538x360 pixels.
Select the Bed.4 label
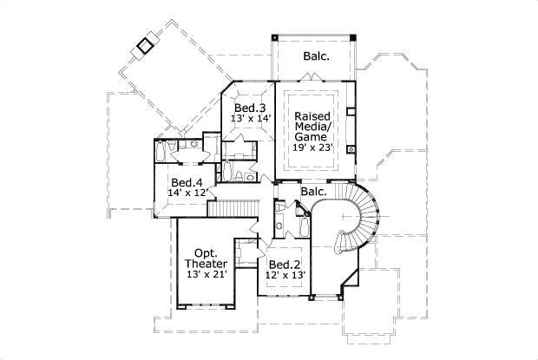[x=187, y=182]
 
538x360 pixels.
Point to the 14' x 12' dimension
[x=188, y=193]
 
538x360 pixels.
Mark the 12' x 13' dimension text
[x=285, y=276]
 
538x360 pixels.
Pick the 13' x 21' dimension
[x=207, y=275]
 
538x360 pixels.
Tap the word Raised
[x=312, y=116]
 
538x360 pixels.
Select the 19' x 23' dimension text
[x=312, y=148]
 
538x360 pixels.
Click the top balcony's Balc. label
[x=316, y=56]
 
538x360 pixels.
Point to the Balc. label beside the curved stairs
[x=313, y=191]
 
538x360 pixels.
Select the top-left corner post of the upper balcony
[x=274, y=37]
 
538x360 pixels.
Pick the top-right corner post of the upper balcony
[x=355, y=37]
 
